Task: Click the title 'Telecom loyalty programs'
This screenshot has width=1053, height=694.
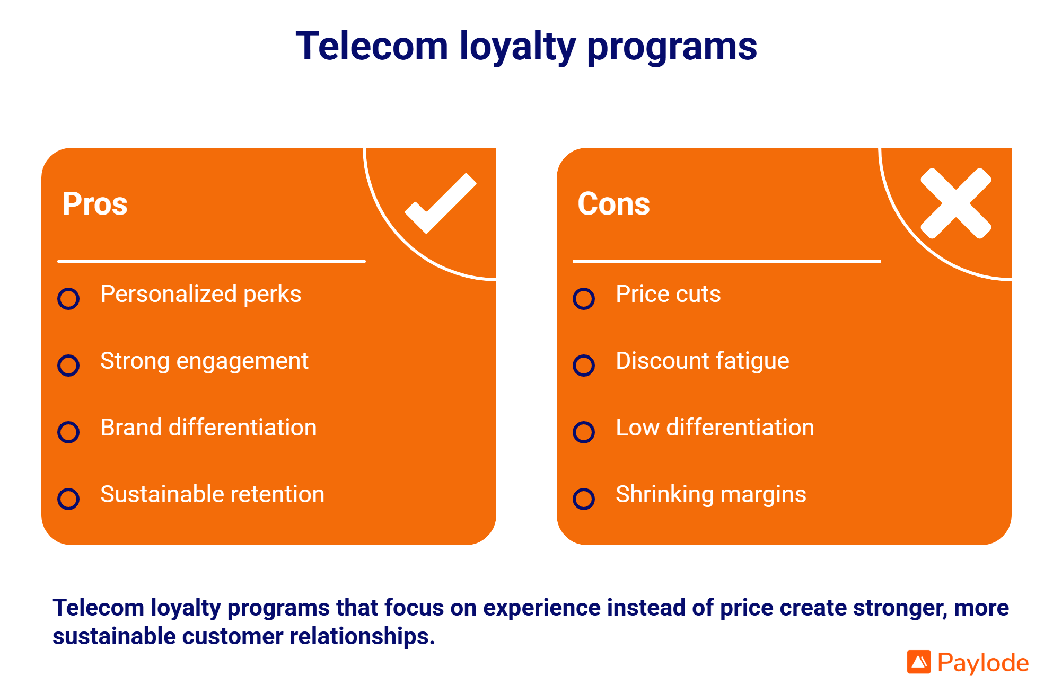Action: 526,47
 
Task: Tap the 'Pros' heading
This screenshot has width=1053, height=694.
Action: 95,204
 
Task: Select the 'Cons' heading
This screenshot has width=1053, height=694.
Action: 613,204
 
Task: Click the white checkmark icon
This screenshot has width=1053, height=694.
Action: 441,203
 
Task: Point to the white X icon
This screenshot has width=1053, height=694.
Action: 956,203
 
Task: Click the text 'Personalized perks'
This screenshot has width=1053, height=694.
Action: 200,294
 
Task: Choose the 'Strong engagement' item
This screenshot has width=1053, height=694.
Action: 204,361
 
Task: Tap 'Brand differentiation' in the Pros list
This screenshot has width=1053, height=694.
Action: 208,428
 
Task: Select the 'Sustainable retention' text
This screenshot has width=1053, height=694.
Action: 212,494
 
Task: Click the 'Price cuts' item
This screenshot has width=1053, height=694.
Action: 668,294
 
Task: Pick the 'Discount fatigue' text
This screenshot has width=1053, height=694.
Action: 702,361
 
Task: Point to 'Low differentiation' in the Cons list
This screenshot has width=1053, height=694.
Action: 715,428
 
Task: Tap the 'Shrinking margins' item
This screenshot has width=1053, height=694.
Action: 710,494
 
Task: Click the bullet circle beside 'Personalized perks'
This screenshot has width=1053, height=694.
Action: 68,299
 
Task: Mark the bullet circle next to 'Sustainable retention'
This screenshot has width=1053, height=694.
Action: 68,499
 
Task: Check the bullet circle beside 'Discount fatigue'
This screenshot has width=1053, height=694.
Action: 584,366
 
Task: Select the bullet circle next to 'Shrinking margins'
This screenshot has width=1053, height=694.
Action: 584,499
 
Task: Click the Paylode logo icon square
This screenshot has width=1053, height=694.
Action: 919,662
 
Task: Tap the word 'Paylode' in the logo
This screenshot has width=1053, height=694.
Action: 983,663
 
